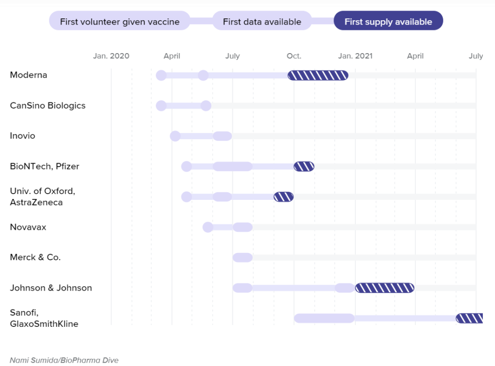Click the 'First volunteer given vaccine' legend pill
(119, 21)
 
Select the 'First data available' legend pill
(262, 21)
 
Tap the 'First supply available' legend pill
(388, 21)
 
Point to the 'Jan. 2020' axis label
(111, 56)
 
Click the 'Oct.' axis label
(294, 56)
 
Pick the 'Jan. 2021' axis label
(355, 56)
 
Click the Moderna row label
(29, 75)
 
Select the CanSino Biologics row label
(48, 105)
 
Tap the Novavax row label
(28, 227)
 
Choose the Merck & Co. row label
(35, 257)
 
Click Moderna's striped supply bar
(318, 75)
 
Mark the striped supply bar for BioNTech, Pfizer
(304, 167)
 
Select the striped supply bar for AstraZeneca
(284, 197)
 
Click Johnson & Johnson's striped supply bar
(385, 288)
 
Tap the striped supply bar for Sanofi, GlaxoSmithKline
(469, 318)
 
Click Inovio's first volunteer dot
(175, 136)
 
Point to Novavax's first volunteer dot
(208, 227)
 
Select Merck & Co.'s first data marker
(243, 257)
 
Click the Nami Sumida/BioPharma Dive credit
(64, 360)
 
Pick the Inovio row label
(23, 136)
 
